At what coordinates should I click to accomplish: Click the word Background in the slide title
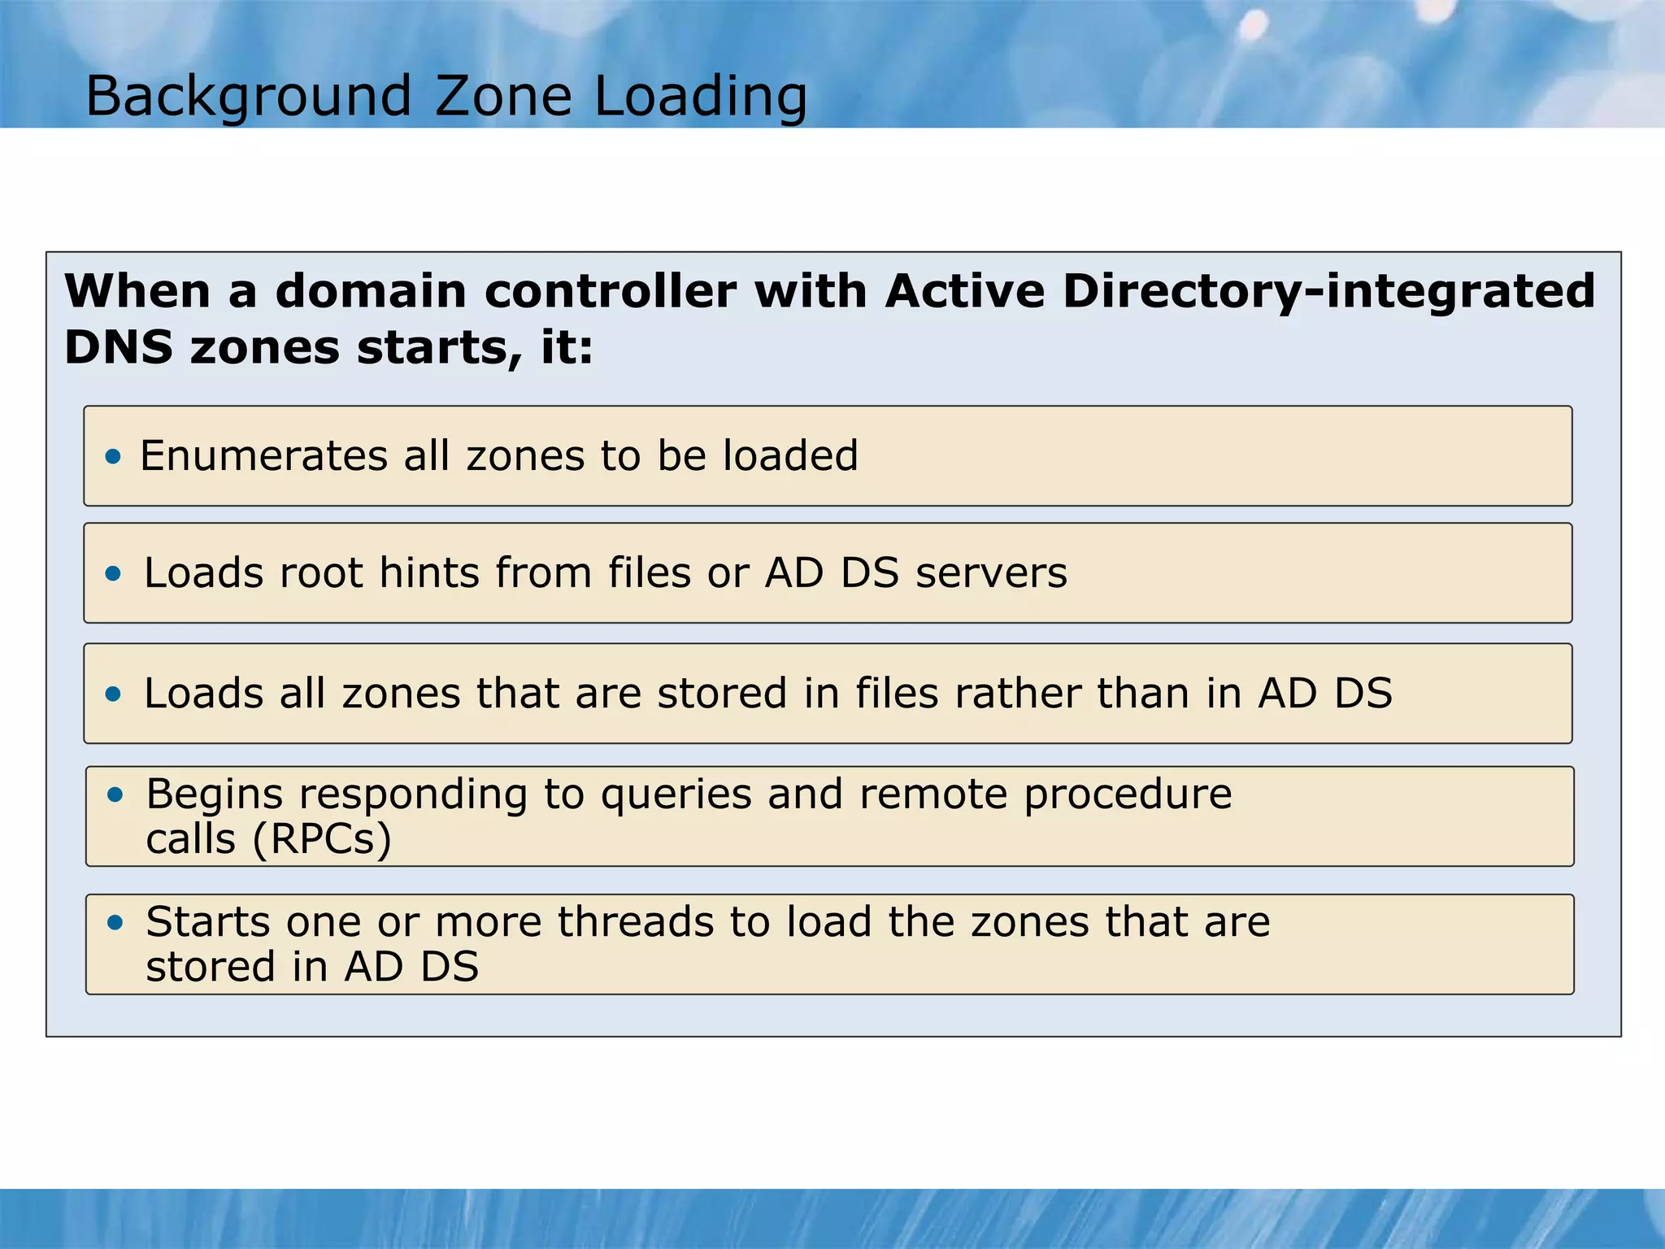248,97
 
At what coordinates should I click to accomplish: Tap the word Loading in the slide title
700,97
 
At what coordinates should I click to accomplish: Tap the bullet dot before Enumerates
113,456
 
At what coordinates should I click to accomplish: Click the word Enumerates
263,456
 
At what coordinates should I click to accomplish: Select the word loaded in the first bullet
790,456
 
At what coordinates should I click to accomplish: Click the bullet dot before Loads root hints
113,574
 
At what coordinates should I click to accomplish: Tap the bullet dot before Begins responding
115,794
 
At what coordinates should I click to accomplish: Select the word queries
676,794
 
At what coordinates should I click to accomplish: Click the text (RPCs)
322,840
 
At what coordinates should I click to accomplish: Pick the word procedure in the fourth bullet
1128,794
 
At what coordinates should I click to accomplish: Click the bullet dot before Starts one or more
115,923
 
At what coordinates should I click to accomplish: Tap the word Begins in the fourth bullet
214,794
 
